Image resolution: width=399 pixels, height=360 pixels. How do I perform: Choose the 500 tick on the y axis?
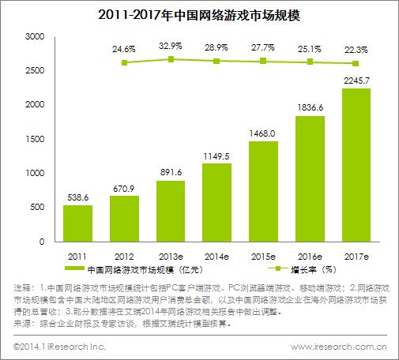pyautogui.click(x=38, y=207)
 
